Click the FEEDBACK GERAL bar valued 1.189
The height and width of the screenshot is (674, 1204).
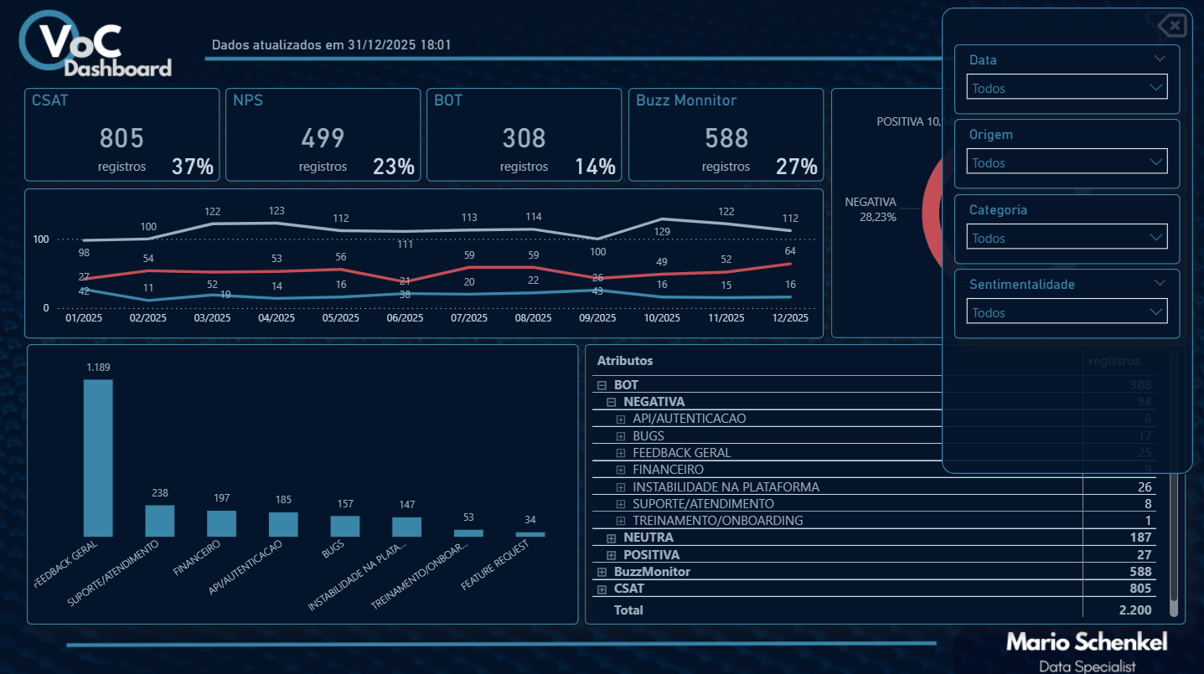(98, 458)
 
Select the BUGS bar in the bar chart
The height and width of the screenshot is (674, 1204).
(344, 526)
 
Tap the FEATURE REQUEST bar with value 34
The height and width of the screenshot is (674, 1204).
(530, 534)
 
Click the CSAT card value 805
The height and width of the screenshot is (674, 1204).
(121, 138)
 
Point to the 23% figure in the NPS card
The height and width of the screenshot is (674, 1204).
(394, 167)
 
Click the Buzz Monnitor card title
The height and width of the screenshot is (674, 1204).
(685, 100)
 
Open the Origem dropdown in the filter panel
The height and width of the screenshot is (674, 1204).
(1067, 162)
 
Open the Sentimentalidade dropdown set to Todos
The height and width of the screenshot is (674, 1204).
(1067, 312)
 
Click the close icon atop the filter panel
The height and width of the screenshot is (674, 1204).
(1173, 27)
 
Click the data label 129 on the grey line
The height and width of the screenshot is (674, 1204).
(662, 231)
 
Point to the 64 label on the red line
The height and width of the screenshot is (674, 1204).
(790, 251)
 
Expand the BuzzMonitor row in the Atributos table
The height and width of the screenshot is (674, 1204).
(602, 572)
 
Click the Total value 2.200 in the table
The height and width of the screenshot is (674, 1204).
(1134, 610)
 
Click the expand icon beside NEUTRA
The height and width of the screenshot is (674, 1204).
(612, 538)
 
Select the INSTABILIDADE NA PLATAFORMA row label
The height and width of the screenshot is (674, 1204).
(726, 486)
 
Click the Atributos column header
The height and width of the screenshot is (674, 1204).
(624, 361)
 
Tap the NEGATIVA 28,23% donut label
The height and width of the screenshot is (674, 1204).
(871, 209)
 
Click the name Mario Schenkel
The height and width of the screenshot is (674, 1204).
(1087, 642)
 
